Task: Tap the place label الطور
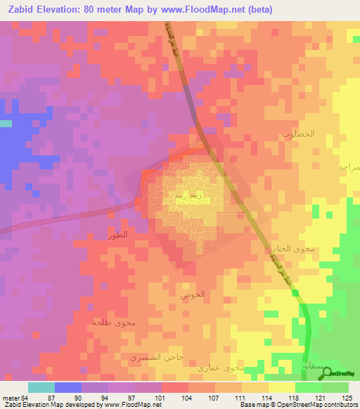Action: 117,235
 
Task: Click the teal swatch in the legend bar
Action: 41,387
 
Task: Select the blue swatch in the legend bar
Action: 68,387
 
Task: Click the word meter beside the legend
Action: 11,397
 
